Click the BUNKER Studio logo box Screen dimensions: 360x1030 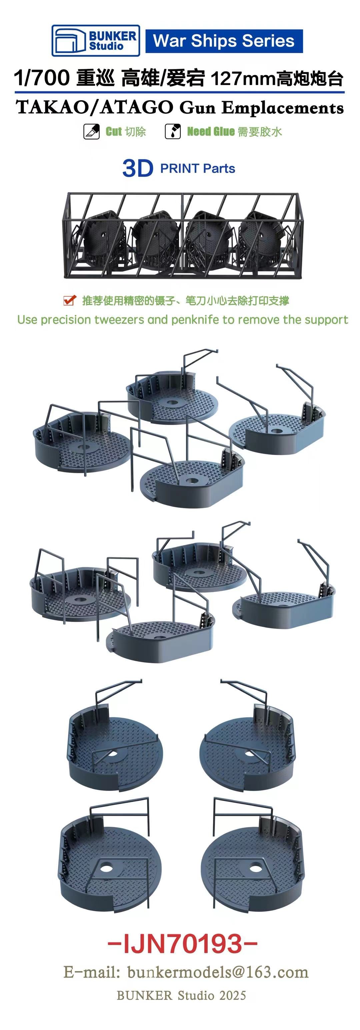click(x=96, y=40)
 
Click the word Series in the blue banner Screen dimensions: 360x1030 click(x=268, y=41)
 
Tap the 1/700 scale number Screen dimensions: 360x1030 click(x=42, y=78)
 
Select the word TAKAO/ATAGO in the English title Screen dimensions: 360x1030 click(x=95, y=108)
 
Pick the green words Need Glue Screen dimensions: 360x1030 click(x=211, y=132)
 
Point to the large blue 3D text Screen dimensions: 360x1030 click(x=138, y=168)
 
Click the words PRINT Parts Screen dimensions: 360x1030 click(x=198, y=168)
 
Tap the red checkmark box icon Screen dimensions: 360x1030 click(x=70, y=300)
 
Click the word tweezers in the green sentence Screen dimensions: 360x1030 click(x=120, y=320)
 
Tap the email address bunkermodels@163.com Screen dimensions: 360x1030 click(x=218, y=972)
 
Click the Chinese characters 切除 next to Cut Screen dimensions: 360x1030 click(x=136, y=132)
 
